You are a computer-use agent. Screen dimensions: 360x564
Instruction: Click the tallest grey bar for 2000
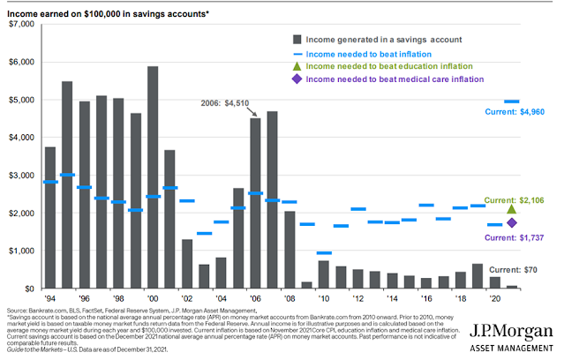point(153,176)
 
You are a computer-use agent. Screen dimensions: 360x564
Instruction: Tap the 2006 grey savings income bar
point(255,203)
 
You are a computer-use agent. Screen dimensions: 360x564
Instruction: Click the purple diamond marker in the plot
point(512,222)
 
